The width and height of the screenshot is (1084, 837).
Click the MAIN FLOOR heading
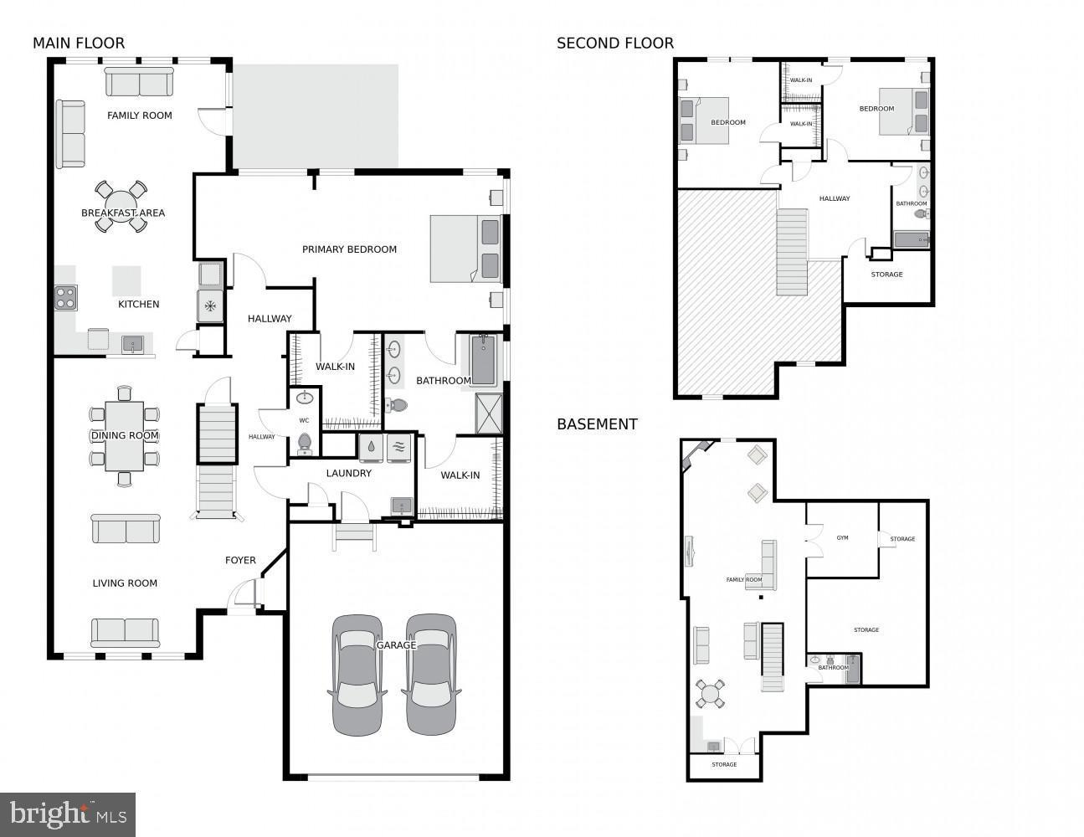[79, 44]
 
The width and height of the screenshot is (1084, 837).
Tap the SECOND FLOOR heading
[614, 44]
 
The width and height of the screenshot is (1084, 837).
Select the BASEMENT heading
[597, 424]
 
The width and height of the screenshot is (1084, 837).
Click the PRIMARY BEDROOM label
[349, 249]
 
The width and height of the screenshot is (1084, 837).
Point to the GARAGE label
[396, 645]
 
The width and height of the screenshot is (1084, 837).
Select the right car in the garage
[431, 675]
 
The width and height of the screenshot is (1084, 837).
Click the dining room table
[124, 436]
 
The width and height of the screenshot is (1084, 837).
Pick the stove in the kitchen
[65, 298]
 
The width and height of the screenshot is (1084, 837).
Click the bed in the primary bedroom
[465, 249]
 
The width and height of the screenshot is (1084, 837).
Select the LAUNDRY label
[348, 474]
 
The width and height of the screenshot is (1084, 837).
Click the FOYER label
[240, 561]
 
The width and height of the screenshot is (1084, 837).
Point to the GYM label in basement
[842, 538]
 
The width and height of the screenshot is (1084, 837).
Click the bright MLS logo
[68, 814]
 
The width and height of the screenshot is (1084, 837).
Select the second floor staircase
[792, 252]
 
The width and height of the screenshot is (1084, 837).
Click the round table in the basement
[711, 693]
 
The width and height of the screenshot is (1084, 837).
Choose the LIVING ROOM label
[125, 583]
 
